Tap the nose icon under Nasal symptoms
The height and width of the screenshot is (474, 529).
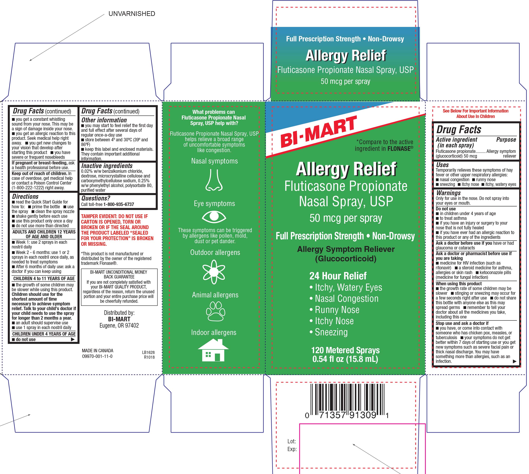coord(214,180)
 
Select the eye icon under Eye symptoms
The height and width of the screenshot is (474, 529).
coord(214,217)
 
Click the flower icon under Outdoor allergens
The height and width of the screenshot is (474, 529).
coord(214,272)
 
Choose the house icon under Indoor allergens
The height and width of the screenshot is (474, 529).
coord(213,350)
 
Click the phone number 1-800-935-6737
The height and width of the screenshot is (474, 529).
coord(119,204)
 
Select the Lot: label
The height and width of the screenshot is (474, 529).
coord(292,441)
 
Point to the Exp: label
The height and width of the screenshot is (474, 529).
coord(292,449)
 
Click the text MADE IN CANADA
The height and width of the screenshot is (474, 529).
coord(97,351)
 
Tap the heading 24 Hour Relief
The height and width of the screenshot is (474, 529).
coord(338,276)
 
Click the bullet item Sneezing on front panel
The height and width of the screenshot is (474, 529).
coord(331,332)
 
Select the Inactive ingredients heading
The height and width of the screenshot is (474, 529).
coord(107,166)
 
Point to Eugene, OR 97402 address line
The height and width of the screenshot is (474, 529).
coord(119,325)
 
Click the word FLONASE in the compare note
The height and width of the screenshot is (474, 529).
coord(399,149)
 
